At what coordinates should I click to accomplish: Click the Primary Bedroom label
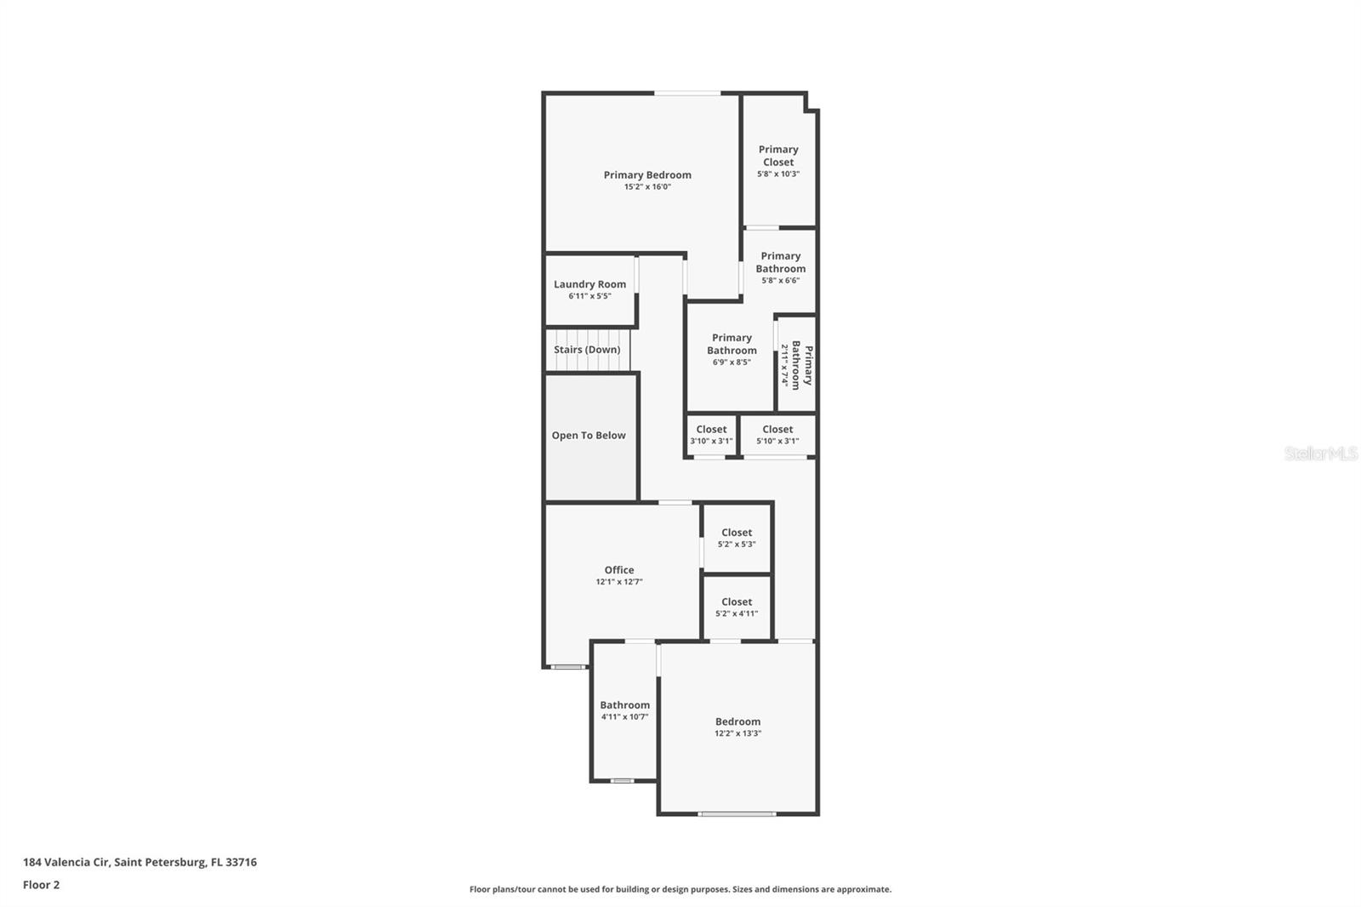(x=647, y=175)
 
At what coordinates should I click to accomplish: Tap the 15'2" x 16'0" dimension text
(x=647, y=187)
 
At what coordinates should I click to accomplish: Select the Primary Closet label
(x=778, y=156)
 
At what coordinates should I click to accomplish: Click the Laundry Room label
(x=589, y=285)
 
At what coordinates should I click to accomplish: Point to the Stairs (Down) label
(x=587, y=350)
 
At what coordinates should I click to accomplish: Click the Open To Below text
(x=589, y=436)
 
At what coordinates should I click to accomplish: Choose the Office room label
(x=619, y=570)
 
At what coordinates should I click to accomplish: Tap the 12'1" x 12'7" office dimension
(x=619, y=582)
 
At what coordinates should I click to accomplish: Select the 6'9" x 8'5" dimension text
(x=732, y=362)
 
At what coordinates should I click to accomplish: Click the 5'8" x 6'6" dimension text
(x=780, y=281)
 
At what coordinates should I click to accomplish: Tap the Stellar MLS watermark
(x=1320, y=453)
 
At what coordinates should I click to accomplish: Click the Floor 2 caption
(x=41, y=885)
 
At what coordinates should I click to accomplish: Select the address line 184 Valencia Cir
(x=140, y=862)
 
